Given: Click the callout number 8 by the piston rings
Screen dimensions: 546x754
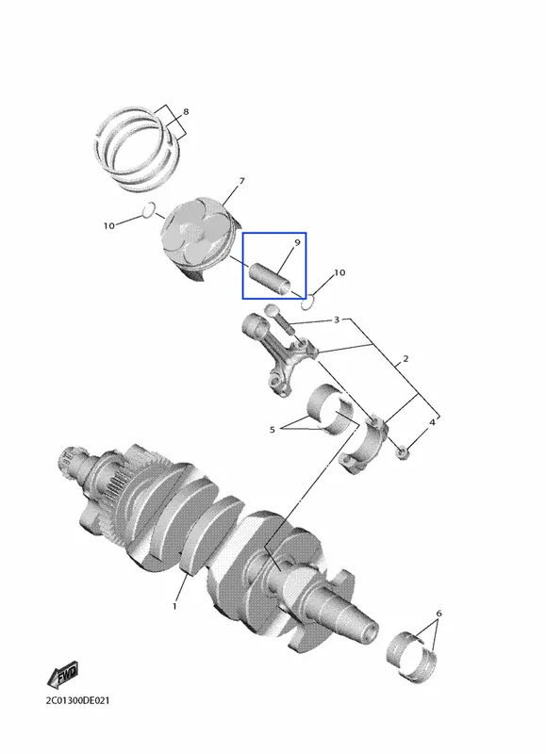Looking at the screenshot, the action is pos(186,112).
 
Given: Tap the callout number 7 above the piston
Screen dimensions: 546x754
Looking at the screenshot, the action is pos(241,181).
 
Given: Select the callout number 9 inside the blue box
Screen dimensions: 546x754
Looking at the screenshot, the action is pos(297,242).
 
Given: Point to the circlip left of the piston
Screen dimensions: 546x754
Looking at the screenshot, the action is pos(149,209).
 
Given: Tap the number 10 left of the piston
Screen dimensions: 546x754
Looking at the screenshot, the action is pos(109,225).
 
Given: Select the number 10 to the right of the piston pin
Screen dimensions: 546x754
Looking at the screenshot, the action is pos(339,272).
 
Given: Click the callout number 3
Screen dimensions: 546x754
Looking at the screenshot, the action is pos(337,320).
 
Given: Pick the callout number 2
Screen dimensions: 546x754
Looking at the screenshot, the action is pos(405,359).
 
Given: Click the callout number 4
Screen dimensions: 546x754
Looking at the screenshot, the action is pos(432,422).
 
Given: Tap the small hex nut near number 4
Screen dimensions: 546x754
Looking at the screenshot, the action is pos(403,452).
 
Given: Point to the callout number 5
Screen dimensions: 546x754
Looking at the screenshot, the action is pos(273,430).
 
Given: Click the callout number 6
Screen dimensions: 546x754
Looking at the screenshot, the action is pos(438,614).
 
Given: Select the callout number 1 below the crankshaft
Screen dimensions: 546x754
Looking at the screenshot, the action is pos(174,606).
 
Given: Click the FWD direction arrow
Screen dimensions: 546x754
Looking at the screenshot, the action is pos(63,674).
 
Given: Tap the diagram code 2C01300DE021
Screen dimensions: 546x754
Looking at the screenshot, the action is pos(77,700).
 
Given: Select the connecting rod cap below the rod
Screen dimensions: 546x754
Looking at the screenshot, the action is pos(362,445).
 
